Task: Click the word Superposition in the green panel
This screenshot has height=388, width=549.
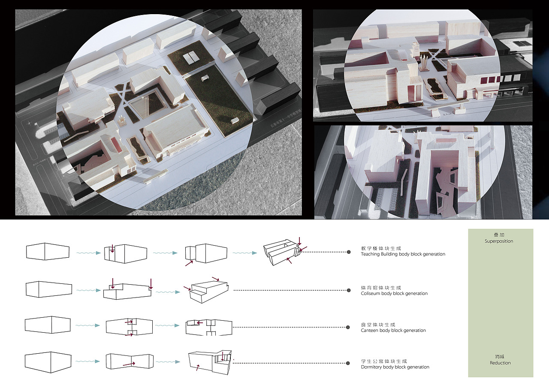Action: point(499,241)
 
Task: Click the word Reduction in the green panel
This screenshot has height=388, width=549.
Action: point(500,363)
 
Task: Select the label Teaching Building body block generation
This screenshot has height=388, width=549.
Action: point(403,254)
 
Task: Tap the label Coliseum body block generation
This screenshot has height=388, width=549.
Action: point(394,293)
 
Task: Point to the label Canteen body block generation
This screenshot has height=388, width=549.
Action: point(393,330)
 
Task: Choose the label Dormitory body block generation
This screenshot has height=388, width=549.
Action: point(395,367)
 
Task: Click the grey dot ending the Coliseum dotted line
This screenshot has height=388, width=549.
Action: point(348,290)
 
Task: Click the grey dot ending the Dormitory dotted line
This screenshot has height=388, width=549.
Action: point(348,364)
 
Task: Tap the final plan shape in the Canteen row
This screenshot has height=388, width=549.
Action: point(208,328)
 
